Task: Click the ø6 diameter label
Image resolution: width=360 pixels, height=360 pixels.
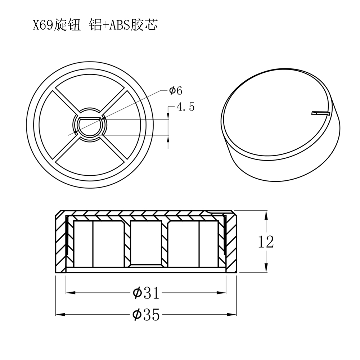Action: [176, 90]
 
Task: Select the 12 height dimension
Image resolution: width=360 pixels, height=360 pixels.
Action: [266, 242]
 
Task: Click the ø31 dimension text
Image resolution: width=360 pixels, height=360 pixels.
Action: [145, 293]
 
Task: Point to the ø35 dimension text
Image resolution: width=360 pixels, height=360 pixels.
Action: [145, 315]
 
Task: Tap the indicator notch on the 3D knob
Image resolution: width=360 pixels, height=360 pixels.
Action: [320, 113]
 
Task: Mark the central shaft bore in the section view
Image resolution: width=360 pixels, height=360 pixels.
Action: [145, 243]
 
